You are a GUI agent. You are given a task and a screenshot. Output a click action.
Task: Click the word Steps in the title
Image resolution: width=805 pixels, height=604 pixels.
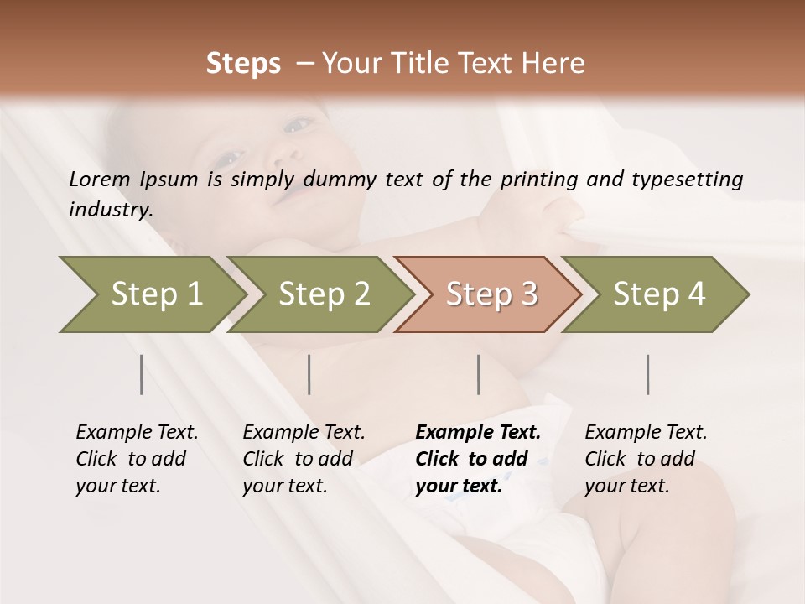coord(243,64)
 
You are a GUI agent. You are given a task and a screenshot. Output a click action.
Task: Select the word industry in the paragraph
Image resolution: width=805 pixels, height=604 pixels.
coord(110,210)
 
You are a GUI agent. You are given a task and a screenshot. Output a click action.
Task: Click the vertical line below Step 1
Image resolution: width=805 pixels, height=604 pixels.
coord(141,374)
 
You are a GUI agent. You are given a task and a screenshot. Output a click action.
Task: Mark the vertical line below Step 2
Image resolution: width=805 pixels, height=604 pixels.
coord(309,374)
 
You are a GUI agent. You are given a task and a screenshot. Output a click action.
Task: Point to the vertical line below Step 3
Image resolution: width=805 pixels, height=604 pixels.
coord(478,374)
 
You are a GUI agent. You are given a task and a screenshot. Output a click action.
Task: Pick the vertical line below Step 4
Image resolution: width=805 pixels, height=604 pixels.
coord(647,374)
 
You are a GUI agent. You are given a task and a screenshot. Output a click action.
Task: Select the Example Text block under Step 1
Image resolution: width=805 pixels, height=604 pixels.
coord(137,459)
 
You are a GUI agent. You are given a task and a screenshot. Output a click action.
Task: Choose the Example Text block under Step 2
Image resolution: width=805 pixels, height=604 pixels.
coord(304,459)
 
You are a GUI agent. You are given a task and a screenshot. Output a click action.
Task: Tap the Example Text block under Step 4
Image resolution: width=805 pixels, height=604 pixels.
coord(646,459)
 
